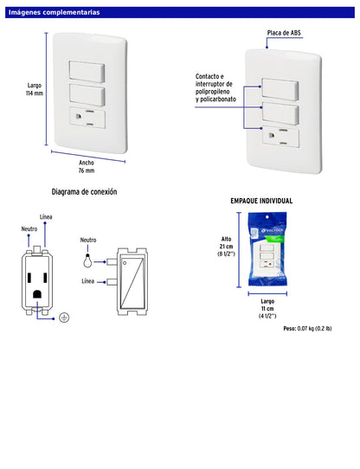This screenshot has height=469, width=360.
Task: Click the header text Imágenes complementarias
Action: tap(54, 13)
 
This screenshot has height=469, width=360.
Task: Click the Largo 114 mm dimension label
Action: tap(34, 89)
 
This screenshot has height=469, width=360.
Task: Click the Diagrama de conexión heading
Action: tap(84, 191)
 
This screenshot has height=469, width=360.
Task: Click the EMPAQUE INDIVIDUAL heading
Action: tap(260, 200)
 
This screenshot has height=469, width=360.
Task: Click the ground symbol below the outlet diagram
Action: tap(63, 318)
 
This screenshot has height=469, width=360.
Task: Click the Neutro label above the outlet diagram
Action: tap(29, 228)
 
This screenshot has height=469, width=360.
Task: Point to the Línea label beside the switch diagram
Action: tap(88, 281)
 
